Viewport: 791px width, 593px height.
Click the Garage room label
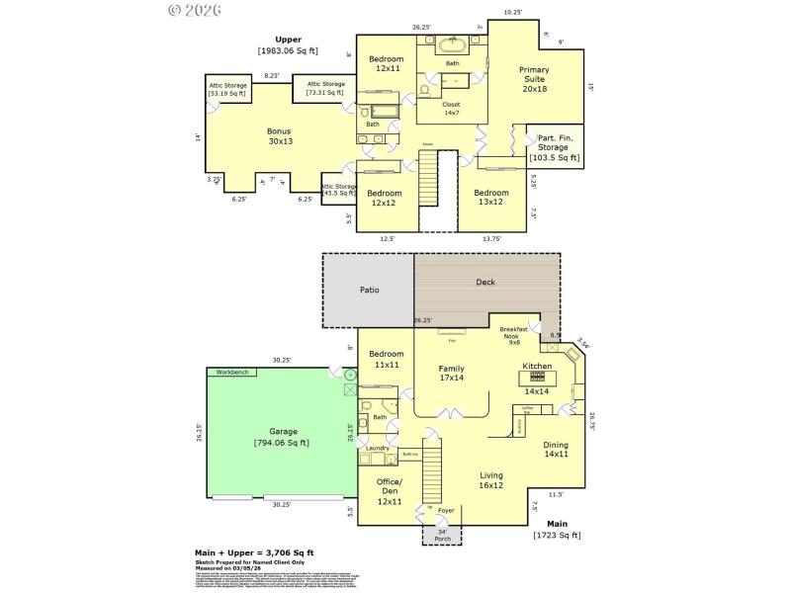[284, 437]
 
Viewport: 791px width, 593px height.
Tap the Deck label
[485, 282]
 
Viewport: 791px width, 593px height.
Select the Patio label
[368, 291]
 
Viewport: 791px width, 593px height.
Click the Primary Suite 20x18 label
[534, 79]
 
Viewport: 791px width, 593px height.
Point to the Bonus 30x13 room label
[279, 135]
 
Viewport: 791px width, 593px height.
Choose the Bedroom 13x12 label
[490, 198]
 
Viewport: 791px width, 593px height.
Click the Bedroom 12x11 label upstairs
[386, 64]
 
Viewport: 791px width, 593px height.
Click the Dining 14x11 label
[556, 450]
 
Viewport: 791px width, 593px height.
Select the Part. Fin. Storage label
[554, 147]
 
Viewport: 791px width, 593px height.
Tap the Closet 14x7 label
[451, 108]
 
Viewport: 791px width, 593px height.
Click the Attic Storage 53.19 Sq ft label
[227, 89]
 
